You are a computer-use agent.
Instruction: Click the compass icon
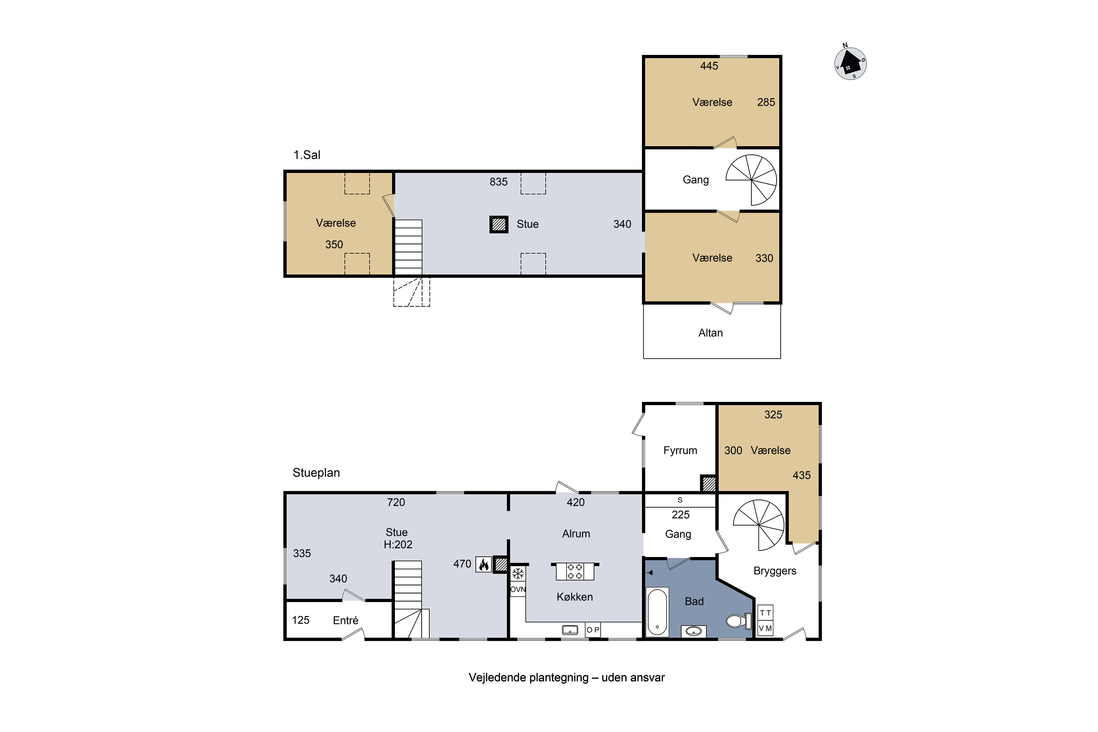tap(850, 63)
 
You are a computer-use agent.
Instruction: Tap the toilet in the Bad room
tap(739, 621)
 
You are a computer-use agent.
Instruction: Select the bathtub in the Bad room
tap(657, 612)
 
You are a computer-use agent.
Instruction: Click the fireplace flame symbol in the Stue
tap(483, 564)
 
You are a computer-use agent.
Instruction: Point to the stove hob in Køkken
tap(575, 572)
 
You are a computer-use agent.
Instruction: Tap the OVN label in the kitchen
tap(518, 589)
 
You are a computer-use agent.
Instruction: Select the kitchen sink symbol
tap(570, 630)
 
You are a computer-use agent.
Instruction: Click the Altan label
tap(710, 333)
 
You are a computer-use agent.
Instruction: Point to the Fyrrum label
tap(680, 451)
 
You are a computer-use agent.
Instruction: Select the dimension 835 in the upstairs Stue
tap(498, 182)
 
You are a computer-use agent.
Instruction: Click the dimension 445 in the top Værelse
tap(709, 66)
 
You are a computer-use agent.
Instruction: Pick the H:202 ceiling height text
tap(398, 544)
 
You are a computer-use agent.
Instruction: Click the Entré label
tap(346, 620)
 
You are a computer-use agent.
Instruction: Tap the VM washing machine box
tap(765, 628)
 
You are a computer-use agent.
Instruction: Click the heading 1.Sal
tap(307, 155)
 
